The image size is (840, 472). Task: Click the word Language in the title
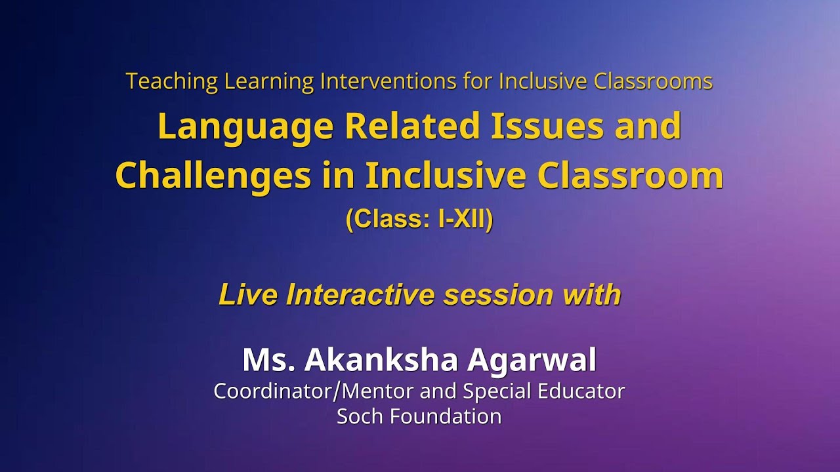coord(245,127)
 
